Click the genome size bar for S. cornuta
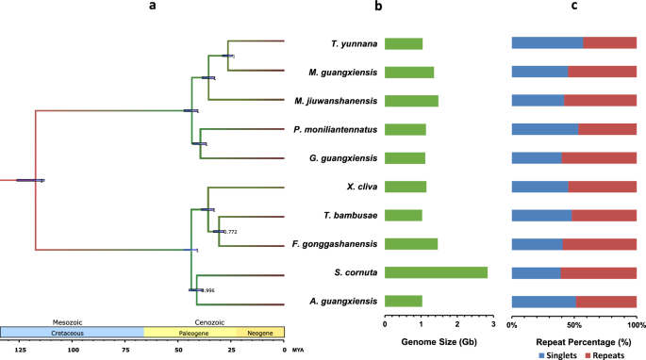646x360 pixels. click(x=436, y=272)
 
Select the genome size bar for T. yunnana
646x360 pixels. click(x=404, y=43)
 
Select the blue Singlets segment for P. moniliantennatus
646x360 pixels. click(x=544, y=129)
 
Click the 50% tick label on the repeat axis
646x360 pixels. click(x=573, y=323)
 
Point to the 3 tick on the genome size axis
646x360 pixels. click(x=492, y=323)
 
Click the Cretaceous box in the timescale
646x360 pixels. click(x=72, y=333)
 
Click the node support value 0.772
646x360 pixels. click(x=227, y=231)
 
